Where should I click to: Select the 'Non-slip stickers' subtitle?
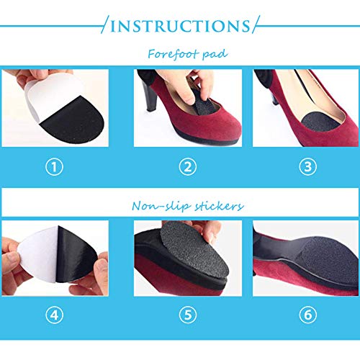pyautogui.click(x=180, y=206)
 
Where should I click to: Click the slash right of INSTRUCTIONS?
pyautogui.click(x=253, y=26)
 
